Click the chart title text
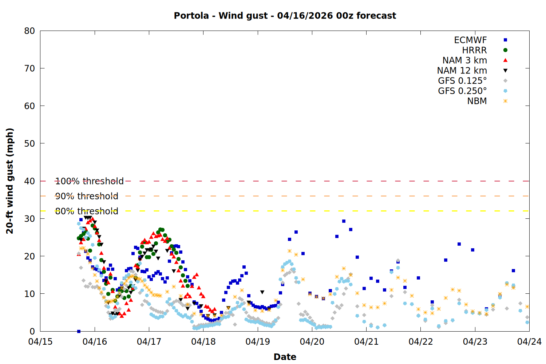tap(285, 16)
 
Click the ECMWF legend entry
tap(470, 40)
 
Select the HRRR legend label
tap(474, 50)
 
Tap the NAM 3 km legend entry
tap(464, 60)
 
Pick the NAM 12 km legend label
tap(462, 71)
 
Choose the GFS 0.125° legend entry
tap(462, 81)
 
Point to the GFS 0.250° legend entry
tap(462, 91)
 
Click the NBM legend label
tap(477, 101)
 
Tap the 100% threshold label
tap(89, 181)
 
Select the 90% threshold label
tap(87, 196)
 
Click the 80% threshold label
tap(87, 211)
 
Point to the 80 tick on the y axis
tap(29, 31)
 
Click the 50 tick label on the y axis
tap(29, 143)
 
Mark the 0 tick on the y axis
tap(32, 331)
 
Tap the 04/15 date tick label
tap(40, 342)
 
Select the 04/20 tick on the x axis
tap(312, 342)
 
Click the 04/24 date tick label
tap(529, 342)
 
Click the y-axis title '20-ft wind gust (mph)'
tap(10, 181)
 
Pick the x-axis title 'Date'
tap(285, 357)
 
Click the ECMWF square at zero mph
tap(79, 331)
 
